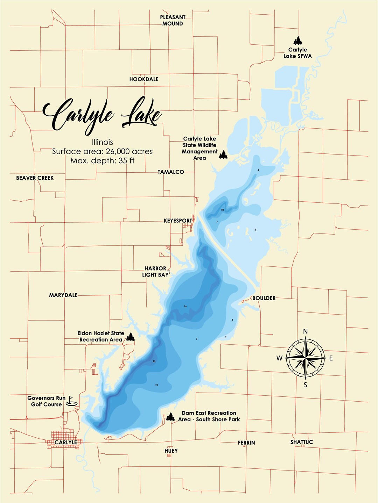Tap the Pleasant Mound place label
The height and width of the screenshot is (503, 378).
pos(173,20)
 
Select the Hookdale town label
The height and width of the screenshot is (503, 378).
pos(144,79)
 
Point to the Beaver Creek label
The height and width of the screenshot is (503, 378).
pos(35,178)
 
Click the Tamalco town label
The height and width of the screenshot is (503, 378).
pos(170,172)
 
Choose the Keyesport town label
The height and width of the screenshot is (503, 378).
pos(178,221)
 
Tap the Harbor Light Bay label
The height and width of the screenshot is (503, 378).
pos(155,272)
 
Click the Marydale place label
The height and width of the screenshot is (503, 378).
pos(63,295)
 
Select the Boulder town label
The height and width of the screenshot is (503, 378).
pos(264,298)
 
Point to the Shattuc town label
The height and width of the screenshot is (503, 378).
pos(301,442)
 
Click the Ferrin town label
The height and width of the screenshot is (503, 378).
pos(246,443)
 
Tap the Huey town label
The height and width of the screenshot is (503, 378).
pos(171,451)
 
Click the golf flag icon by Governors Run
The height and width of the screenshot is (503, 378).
pos(71,401)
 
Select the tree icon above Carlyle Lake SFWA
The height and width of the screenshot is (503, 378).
pos(298,41)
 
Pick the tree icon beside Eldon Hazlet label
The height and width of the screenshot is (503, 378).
pos(130,337)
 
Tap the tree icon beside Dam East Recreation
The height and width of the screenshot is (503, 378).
pos(170,417)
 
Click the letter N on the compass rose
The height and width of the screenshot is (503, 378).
pos(305,331)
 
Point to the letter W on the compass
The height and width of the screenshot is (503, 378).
pos(279,358)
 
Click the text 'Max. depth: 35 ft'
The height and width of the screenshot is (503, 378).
pos(102,161)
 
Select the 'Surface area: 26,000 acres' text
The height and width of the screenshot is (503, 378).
pos(102,151)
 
